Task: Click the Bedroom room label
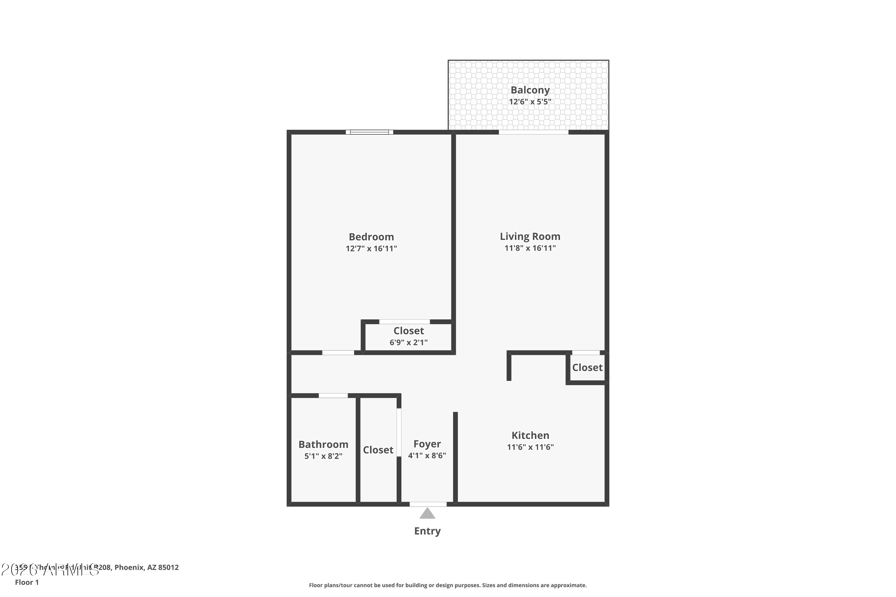(x=371, y=237)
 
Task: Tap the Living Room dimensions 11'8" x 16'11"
(x=530, y=248)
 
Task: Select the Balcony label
(x=530, y=90)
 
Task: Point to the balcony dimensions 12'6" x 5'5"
(x=530, y=102)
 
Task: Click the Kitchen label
(x=530, y=435)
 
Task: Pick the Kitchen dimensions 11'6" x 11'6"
(x=530, y=447)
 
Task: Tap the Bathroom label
(x=323, y=444)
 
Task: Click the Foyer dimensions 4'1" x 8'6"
(x=427, y=456)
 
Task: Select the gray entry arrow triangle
(x=427, y=514)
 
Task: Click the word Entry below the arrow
(x=427, y=531)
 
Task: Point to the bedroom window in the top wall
(x=369, y=132)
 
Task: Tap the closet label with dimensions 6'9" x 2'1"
(x=408, y=331)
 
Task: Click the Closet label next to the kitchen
(x=587, y=367)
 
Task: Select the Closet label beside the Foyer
(x=378, y=450)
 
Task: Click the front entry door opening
(x=428, y=504)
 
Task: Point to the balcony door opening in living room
(x=533, y=132)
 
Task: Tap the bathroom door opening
(x=333, y=396)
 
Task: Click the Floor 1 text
(x=27, y=582)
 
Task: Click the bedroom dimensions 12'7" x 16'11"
(x=371, y=249)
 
